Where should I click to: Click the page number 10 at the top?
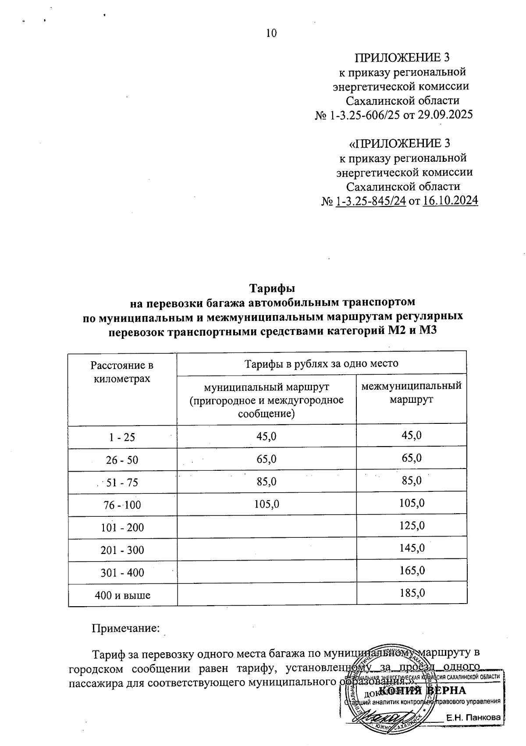click(x=271, y=33)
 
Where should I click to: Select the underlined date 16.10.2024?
click(x=450, y=201)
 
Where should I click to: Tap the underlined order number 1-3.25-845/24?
click(x=370, y=201)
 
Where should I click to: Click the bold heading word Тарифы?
click(x=272, y=289)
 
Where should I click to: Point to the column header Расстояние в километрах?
click(x=122, y=372)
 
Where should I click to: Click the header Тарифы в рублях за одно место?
click(x=321, y=363)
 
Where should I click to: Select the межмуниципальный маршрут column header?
click(x=411, y=393)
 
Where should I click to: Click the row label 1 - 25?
click(x=122, y=437)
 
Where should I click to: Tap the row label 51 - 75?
click(x=122, y=483)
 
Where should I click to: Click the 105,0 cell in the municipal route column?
click(x=267, y=504)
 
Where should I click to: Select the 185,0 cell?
click(x=412, y=593)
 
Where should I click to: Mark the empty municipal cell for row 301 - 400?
click(x=267, y=572)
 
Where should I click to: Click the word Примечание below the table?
click(x=125, y=629)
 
